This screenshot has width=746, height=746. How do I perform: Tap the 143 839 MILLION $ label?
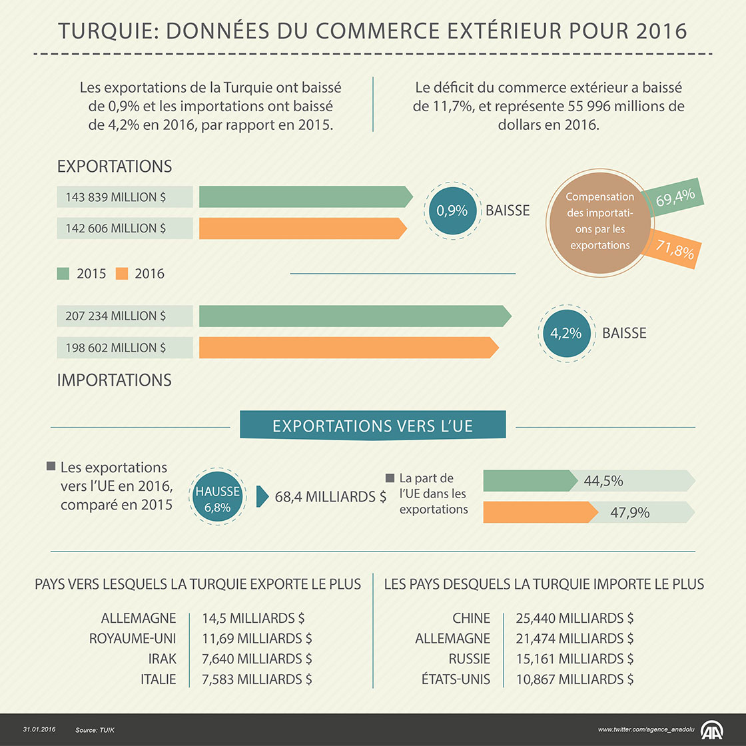(117, 197)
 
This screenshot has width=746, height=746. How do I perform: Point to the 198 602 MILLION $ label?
(117, 348)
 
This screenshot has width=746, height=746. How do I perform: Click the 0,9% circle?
(452, 210)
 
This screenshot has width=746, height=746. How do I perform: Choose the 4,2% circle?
(565, 333)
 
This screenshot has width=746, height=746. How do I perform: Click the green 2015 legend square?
(63, 274)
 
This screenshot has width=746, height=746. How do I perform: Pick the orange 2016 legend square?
(121, 274)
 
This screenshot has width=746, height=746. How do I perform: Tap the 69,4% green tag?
(675, 198)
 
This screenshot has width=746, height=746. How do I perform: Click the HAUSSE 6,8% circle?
(217, 499)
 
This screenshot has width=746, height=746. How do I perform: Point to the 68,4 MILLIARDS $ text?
(330, 497)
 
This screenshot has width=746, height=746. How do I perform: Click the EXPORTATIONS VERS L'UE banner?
(372, 426)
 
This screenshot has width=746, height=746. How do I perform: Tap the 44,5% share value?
(603, 481)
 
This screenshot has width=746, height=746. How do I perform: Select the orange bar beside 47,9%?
(540, 512)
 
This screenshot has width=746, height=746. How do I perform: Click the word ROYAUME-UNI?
(133, 639)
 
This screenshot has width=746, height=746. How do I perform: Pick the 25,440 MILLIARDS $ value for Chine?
(574, 618)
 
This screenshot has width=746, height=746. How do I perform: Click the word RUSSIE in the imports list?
(469, 659)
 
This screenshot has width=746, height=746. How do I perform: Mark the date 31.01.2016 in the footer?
(39, 730)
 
